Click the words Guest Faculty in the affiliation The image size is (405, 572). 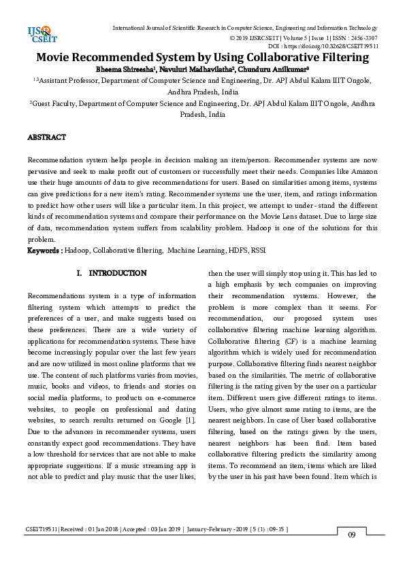52,104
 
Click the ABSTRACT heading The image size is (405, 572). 46,137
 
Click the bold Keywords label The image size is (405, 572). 45,251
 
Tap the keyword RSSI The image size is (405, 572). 258,251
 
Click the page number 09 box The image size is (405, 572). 352,535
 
